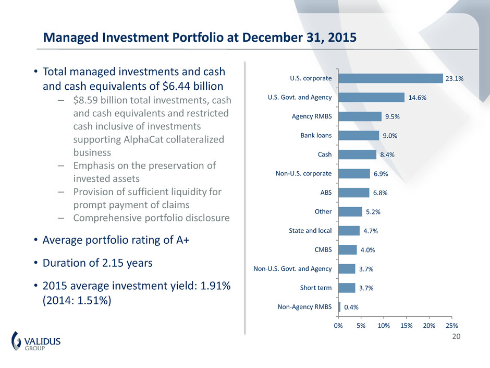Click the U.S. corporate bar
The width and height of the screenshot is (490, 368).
[x=390, y=78]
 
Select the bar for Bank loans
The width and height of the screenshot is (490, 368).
[x=359, y=135]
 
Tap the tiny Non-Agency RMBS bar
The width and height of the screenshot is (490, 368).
[x=339, y=307]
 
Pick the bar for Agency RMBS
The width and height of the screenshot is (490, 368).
[x=360, y=116]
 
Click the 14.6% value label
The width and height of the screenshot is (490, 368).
[x=416, y=98]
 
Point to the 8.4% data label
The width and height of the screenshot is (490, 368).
[x=388, y=155]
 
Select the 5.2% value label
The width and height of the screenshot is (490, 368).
[x=373, y=212]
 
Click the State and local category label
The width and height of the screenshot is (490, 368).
[x=311, y=231]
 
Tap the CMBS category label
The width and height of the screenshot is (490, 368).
[x=322, y=250]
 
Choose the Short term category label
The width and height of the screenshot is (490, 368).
[x=316, y=288]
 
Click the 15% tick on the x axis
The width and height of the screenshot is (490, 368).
[x=406, y=326]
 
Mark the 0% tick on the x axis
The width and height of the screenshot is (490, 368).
[x=338, y=326]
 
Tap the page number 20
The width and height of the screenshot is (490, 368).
[x=457, y=337]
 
